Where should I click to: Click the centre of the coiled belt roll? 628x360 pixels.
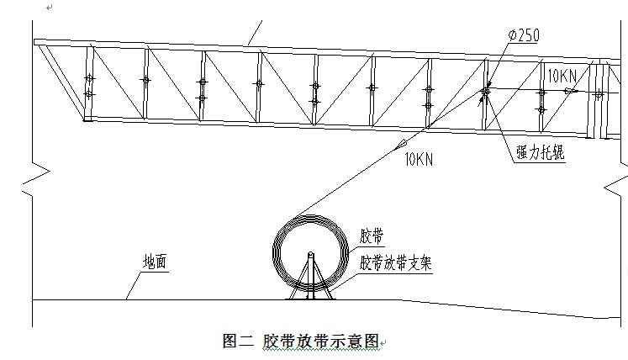pyautogui.click(x=310, y=251)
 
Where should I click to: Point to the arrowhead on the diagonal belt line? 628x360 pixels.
pyautogui.click(x=398, y=146)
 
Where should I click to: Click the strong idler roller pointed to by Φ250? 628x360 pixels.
pyautogui.click(x=485, y=91)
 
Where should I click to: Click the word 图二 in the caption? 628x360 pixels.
pyautogui.click(x=237, y=341)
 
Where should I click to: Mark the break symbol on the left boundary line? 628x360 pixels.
pyautogui.click(x=32, y=177)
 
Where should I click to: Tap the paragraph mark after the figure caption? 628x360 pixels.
pyautogui.click(x=383, y=344)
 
